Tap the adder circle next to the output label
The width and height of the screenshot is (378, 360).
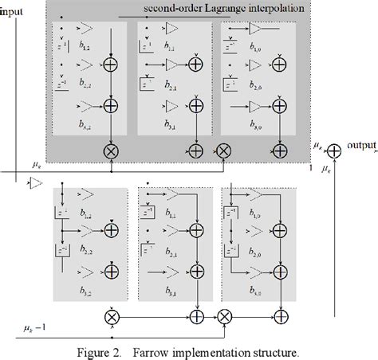334,149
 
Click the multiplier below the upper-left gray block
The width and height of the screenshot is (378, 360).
112,149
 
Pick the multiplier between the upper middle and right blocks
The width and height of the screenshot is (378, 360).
224,149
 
